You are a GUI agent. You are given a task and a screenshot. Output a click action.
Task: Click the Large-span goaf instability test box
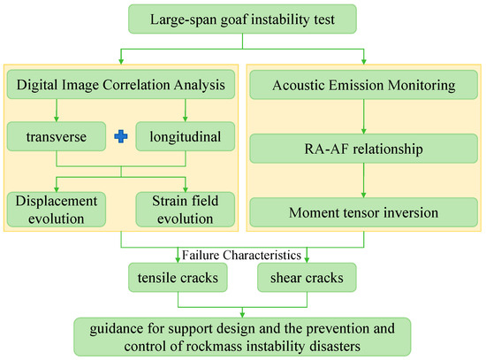tap(242, 19)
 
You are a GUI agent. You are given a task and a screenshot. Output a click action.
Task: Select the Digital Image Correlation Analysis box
tap(121, 84)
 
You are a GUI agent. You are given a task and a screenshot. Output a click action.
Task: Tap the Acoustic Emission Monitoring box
tap(363, 85)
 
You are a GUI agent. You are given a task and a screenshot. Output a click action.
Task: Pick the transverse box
tap(57, 136)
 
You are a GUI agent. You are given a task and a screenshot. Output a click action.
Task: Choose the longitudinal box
tap(186, 136)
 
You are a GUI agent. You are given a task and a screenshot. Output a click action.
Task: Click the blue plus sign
tap(121, 136)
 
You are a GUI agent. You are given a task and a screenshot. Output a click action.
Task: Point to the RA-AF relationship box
tap(363, 149)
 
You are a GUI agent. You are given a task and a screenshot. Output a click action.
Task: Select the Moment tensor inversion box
tap(363, 212)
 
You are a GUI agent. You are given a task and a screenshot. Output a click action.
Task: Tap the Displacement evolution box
tap(57, 210)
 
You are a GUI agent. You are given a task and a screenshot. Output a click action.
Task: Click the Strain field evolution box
tap(186, 210)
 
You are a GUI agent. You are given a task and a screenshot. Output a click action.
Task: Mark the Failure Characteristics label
tap(241, 255)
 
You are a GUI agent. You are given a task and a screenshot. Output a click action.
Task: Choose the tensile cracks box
tap(178, 278)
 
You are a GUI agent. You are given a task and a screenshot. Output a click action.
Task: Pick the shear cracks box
tap(307, 278)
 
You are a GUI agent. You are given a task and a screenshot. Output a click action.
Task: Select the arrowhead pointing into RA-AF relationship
tap(363, 131)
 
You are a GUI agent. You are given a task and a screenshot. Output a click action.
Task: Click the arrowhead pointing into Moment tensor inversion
tap(363, 195)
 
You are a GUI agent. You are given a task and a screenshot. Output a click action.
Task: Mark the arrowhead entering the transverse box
tap(57, 119)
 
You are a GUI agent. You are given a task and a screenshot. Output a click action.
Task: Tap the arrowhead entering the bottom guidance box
tap(242, 315)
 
